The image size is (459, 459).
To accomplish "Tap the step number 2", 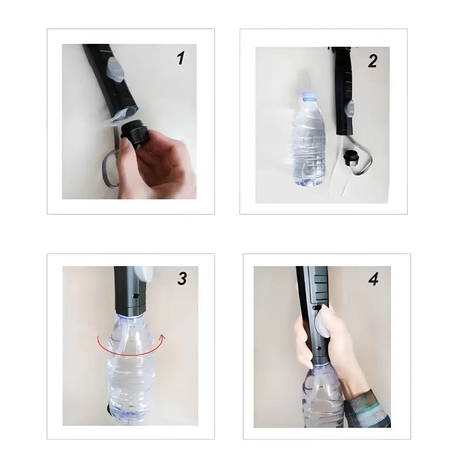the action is click(372, 61).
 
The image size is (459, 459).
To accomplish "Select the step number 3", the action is click(182, 278).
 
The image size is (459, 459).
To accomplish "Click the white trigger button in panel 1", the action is click(116, 69).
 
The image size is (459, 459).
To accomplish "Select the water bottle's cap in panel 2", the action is click(309, 96).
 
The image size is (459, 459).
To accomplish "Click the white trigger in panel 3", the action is click(143, 274).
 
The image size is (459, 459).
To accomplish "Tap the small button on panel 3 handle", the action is click(136, 296).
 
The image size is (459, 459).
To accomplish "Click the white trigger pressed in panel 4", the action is click(322, 321).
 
